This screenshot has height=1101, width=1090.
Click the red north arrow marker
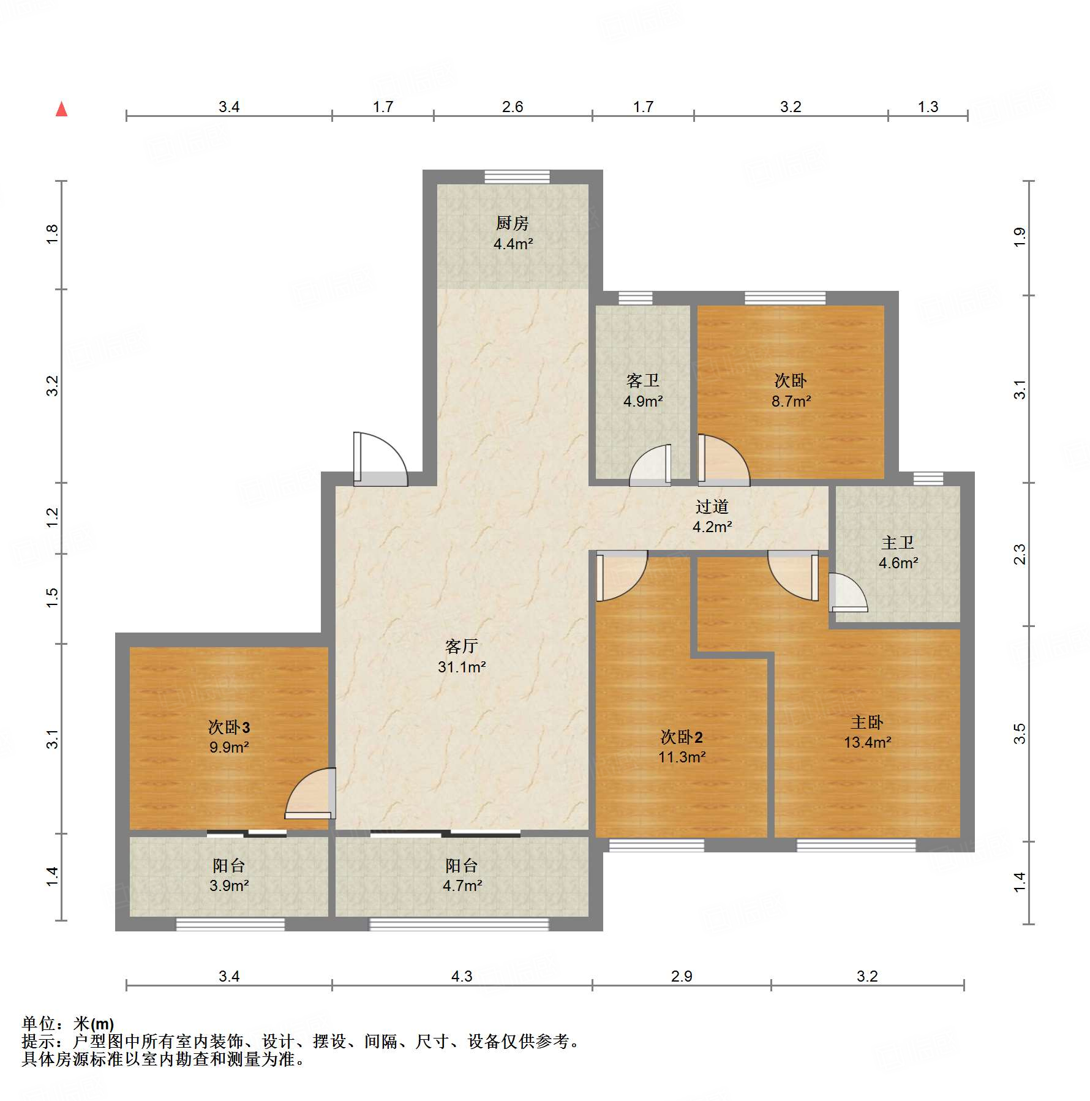point(61,109)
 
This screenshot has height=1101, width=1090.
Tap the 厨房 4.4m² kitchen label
point(513,233)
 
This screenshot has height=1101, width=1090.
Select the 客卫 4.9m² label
point(643,391)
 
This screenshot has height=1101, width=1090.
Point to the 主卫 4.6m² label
point(898,552)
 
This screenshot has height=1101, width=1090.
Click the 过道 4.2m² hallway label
point(712,516)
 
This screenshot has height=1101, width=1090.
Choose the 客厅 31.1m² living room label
point(462,656)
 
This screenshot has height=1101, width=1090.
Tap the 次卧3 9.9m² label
point(229,737)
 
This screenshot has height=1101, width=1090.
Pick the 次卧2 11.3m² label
point(682,746)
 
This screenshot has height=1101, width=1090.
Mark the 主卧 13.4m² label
point(867,732)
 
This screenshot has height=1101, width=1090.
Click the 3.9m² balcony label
point(229,875)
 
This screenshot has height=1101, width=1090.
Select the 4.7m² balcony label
point(462,875)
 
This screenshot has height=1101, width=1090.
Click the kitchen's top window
point(517,176)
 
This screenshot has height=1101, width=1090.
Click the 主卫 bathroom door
point(848,592)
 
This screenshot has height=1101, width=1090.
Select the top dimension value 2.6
point(513,107)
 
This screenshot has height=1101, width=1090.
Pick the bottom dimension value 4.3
point(462,976)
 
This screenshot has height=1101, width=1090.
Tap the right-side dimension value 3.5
point(1019,734)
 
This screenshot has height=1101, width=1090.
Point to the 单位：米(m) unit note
point(68,1023)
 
